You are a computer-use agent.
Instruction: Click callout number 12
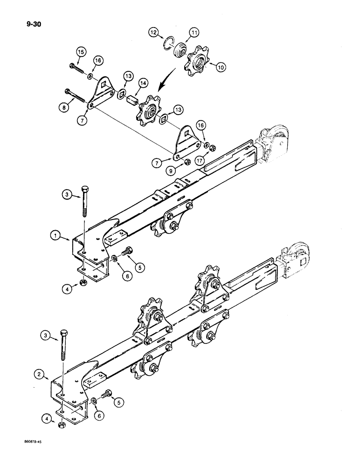tap(153, 32)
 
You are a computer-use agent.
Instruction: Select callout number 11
tap(194, 32)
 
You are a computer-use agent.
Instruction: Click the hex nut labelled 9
tap(187, 162)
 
